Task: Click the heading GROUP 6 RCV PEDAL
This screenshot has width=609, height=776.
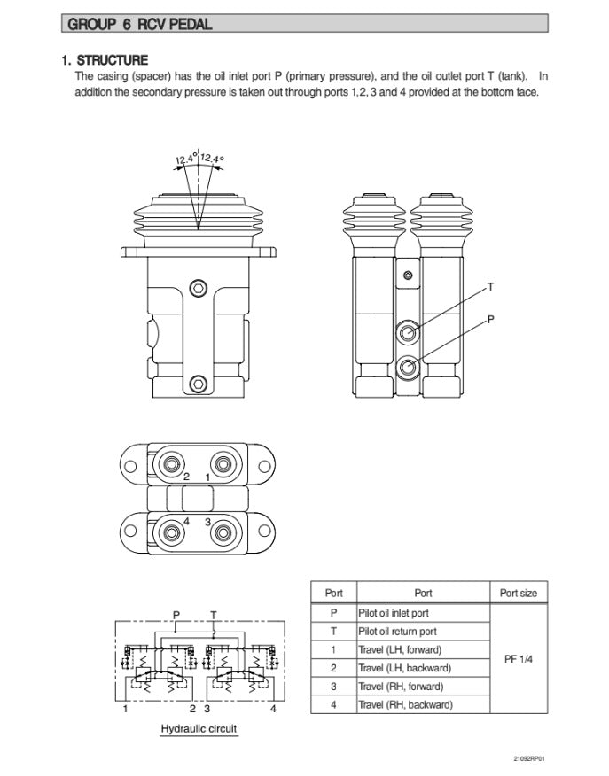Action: [x=146, y=24]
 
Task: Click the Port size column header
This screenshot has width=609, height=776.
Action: [x=518, y=593]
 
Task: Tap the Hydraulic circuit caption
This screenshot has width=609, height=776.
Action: [x=199, y=729]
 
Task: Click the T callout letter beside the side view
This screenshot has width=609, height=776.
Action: [x=490, y=287]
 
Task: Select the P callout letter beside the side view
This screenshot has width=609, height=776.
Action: [x=491, y=321]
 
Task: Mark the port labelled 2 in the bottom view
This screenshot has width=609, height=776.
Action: [x=168, y=462]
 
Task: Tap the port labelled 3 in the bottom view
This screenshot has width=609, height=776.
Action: [x=222, y=532]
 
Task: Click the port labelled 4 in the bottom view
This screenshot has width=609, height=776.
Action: [x=168, y=532]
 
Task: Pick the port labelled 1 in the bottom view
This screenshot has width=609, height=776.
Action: [x=222, y=462]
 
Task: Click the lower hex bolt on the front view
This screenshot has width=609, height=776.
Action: [x=200, y=383]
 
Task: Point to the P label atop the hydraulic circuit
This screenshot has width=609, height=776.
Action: [x=176, y=614]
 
